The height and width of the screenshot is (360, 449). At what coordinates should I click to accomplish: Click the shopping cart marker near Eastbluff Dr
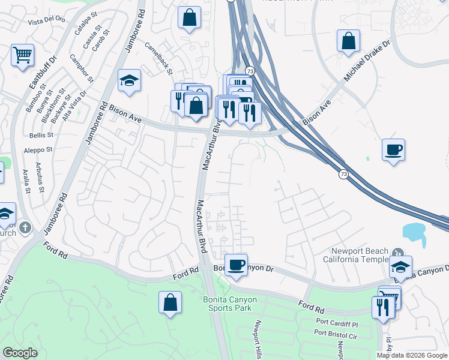coord(22,55)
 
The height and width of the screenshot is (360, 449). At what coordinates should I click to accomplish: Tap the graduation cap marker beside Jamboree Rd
coord(129,81)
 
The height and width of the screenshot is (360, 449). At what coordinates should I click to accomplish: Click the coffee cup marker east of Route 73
coord(393,149)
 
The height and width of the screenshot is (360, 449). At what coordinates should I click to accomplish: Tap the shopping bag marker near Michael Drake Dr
coord(348,41)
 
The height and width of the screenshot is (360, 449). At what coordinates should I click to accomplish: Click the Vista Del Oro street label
coord(47,20)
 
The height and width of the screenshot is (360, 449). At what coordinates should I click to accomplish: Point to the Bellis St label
coord(41,135)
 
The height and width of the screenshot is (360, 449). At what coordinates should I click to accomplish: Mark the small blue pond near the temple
coord(414,232)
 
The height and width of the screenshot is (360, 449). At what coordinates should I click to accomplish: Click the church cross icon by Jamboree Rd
coord(24,227)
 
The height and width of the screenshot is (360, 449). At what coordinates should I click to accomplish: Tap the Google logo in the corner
coord(20,353)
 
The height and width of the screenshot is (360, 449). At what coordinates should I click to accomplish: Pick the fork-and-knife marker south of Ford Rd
coord(382,308)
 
